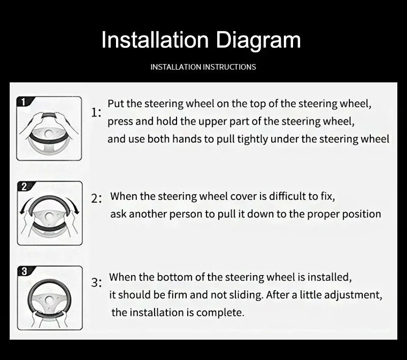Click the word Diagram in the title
coord(258,41)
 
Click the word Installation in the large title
coord(155,40)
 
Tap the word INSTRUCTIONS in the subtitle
coord(229,67)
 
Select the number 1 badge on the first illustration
coord(23,102)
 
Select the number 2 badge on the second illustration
coord(24,187)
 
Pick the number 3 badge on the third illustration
coord(24,272)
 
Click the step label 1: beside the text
coord(96,112)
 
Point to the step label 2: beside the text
coord(96,199)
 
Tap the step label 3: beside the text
coord(96,282)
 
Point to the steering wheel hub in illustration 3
coord(49,301)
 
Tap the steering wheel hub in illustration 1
coord(48,134)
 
